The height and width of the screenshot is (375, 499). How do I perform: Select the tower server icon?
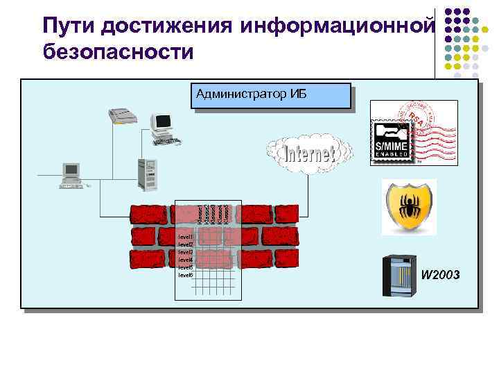click(148, 174)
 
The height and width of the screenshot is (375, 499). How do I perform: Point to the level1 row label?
click(185, 237)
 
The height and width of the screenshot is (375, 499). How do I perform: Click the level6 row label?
click(185, 275)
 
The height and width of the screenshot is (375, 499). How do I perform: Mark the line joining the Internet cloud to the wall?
click(306, 187)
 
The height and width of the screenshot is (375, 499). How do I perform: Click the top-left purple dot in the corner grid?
click(448, 12)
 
